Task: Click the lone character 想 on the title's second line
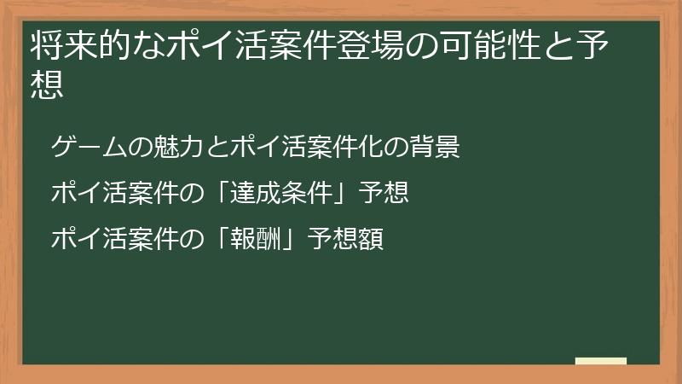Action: pyautogui.click(x=48, y=84)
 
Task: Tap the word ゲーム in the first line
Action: pyautogui.click(x=85, y=147)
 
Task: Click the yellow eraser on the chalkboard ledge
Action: pyautogui.click(x=600, y=360)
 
